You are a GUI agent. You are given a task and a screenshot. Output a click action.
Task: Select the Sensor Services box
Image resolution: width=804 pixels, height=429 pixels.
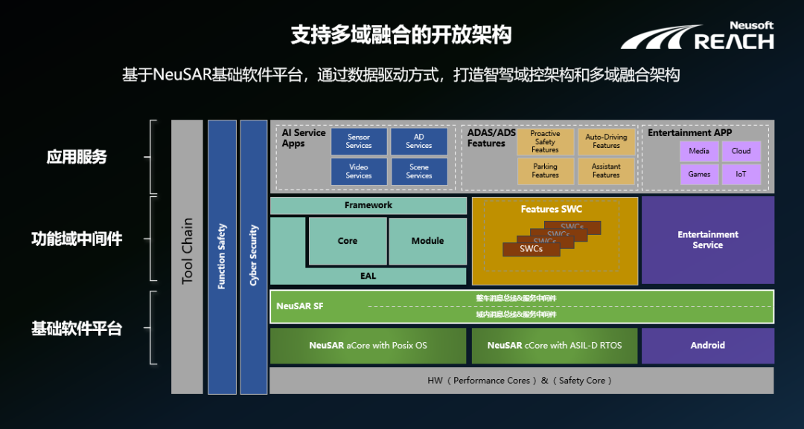click(359, 141)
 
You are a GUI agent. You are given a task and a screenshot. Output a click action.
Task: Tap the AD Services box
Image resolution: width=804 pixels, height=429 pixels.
click(419, 141)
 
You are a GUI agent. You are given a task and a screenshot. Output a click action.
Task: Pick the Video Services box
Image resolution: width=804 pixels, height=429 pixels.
click(359, 171)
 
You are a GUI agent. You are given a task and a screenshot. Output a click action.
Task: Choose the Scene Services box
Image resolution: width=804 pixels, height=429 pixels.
click(419, 171)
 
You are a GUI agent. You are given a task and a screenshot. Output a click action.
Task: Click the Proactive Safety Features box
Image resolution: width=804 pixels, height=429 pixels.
click(545, 141)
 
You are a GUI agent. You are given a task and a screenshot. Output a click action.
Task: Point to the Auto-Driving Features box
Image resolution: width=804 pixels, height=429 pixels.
click(606, 141)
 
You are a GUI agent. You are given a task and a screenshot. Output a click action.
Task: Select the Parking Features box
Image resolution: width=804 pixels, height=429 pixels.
click(545, 171)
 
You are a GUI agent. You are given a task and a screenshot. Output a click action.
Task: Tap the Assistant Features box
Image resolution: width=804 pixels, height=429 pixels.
click(606, 171)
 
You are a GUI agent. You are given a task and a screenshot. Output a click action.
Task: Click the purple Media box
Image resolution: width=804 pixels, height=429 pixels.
click(699, 151)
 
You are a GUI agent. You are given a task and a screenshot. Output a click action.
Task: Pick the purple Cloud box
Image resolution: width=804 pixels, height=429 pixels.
click(741, 151)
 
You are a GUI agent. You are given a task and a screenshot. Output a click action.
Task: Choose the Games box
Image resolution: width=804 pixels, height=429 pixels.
click(699, 174)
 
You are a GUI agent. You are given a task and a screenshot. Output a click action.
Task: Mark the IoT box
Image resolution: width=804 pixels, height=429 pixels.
click(741, 174)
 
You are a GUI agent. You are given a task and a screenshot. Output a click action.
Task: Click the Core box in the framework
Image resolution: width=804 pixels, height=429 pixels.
click(348, 241)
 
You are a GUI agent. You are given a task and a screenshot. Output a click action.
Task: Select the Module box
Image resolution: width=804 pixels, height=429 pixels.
click(427, 241)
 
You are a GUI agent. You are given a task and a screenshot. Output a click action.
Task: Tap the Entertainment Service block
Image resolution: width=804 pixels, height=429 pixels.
click(707, 239)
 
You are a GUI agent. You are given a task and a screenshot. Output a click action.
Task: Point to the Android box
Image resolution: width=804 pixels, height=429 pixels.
click(707, 345)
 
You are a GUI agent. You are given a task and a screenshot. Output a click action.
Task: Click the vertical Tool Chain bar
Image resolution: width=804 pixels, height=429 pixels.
click(187, 257)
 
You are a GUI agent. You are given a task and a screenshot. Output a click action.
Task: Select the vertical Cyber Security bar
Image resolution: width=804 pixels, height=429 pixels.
click(253, 257)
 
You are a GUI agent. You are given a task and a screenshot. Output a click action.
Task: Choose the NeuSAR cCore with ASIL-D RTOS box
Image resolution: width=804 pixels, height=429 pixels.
click(555, 345)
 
